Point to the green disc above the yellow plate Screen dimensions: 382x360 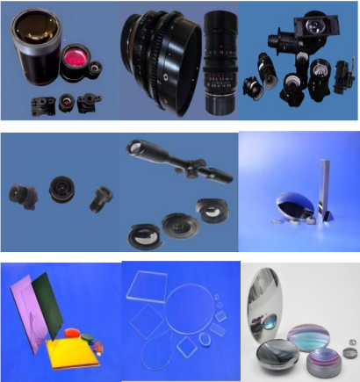tap(74, 332)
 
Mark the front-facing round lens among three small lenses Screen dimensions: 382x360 tap(62, 188)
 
